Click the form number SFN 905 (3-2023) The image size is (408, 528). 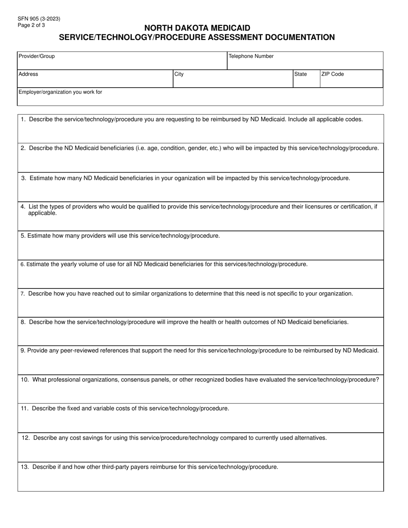[x=39, y=19]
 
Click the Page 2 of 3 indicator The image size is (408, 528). [x=31, y=25]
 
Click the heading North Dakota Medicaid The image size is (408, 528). [x=197, y=28]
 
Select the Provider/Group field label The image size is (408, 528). [x=37, y=56]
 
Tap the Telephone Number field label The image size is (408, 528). [x=251, y=56]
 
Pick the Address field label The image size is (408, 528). [x=28, y=74]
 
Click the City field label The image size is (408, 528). [x=179, y=74]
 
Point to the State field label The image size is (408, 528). [x=301, y=74]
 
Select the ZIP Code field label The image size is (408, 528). [x=333, y=74]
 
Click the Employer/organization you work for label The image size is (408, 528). [x=61, y=92]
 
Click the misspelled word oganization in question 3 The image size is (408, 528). [x=188, y=178]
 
